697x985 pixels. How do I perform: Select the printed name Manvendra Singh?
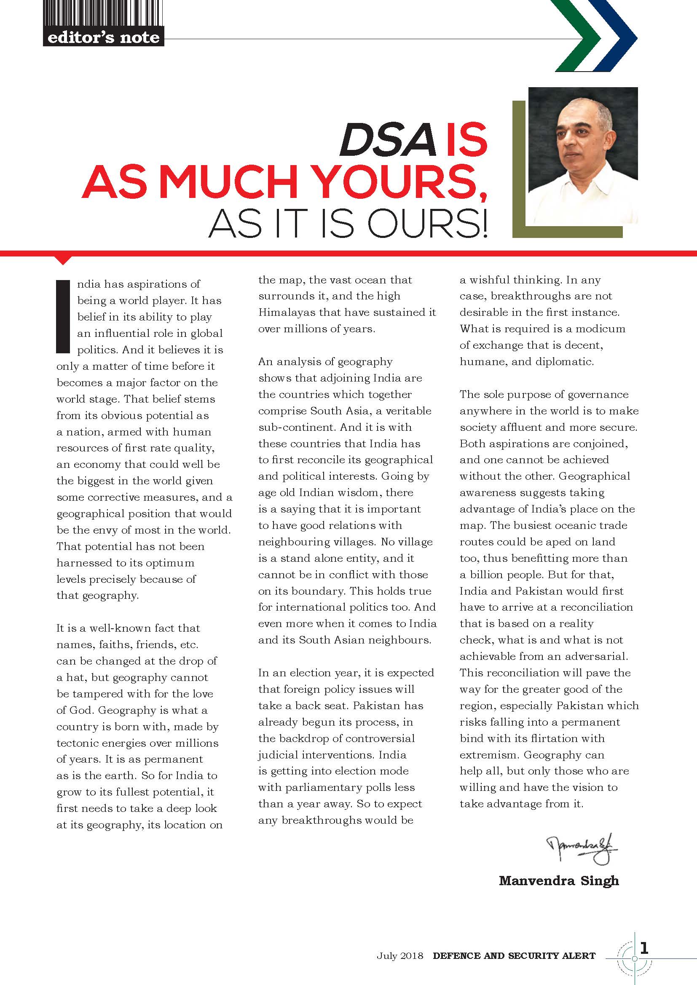coord(559,881)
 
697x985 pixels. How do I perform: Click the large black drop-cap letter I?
coord(63,317)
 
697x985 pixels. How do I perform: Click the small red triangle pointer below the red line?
coord(63,260)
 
